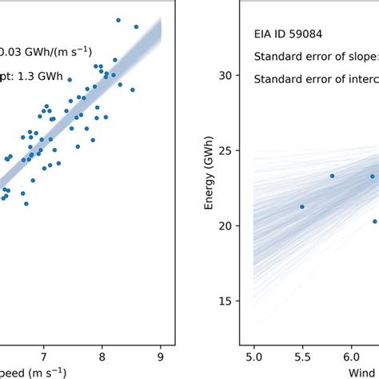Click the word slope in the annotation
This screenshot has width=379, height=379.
click(x=359, y=56)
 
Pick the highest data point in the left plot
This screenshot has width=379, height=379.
click(x=118, y=20)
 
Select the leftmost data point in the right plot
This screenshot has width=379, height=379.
click(x=301, y=206)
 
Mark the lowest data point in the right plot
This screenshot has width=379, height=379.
click(x=374, y=221)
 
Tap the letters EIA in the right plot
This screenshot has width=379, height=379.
click(x=263, y=34)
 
